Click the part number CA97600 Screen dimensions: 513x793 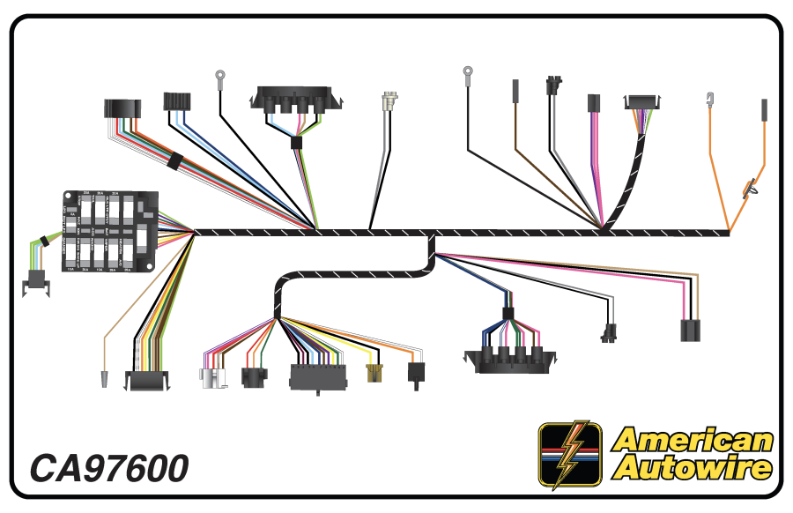(109, 468)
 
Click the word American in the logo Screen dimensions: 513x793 (693, 440)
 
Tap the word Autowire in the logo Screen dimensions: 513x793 (693, 467)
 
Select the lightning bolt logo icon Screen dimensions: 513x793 (570, 454)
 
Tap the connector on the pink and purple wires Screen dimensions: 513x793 (593, 103)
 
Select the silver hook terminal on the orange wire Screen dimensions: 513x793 (710, 99)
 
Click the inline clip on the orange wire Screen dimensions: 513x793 (752, 187)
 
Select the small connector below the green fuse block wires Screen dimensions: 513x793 (36, 280)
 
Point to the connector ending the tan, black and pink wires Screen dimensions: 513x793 (691, 330)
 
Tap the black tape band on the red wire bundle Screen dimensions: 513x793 (174, 161)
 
